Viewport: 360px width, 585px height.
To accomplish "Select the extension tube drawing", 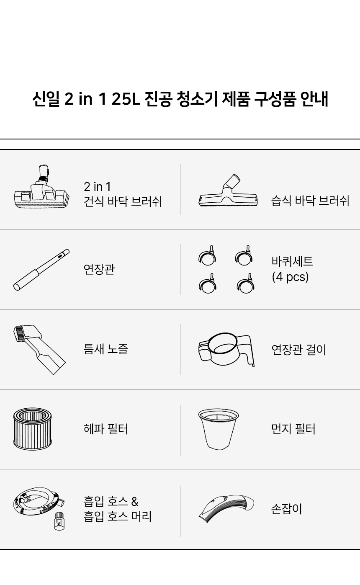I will click(x=41, y=270).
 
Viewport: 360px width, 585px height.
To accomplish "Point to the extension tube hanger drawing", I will click(x=226, y=349).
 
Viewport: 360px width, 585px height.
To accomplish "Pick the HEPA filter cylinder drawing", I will click(x=32, y=429).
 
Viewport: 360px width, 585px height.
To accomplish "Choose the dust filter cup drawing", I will click(x=218, y=429).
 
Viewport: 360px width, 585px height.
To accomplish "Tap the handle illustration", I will click(x=226, y=508).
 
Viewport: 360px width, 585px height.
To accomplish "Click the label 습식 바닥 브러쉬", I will click(x=310, y=201).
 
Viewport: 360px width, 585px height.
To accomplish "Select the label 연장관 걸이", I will click(x=298, y=349).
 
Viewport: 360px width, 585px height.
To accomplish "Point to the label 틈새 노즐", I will click(x=105, y=349).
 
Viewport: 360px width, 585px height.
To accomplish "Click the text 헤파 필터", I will click(x=105, y=429).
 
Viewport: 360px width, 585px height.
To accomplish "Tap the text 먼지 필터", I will click(x=293, y=429).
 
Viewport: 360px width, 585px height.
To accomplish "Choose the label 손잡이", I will click(x=286, y=509).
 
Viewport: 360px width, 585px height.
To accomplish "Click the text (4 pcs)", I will click(x=290, y=277).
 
